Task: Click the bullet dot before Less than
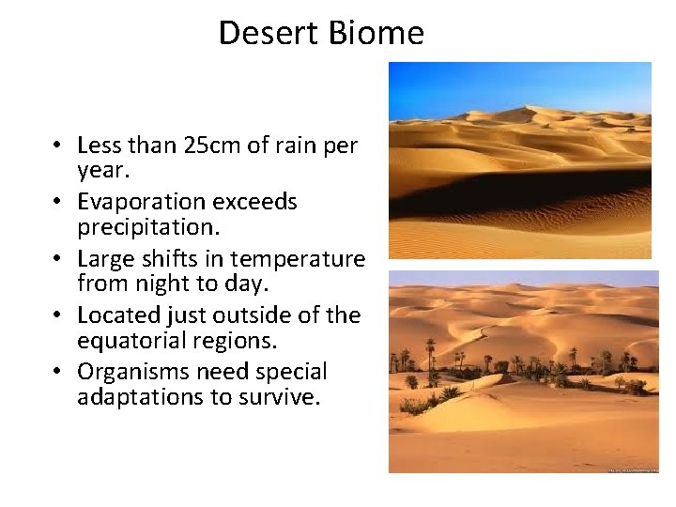[x=57, y=146]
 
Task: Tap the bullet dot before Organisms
[x=57, y=372]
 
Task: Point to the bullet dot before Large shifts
[x=57, y=258]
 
